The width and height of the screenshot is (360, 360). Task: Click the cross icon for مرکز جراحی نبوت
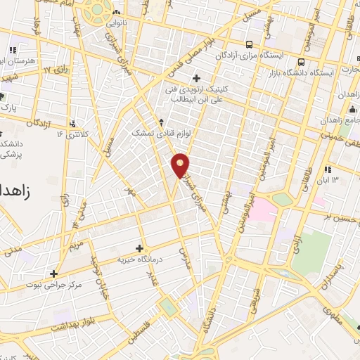click(x=53, y=274)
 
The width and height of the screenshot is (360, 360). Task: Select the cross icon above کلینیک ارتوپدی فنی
click(x=196, y=77)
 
